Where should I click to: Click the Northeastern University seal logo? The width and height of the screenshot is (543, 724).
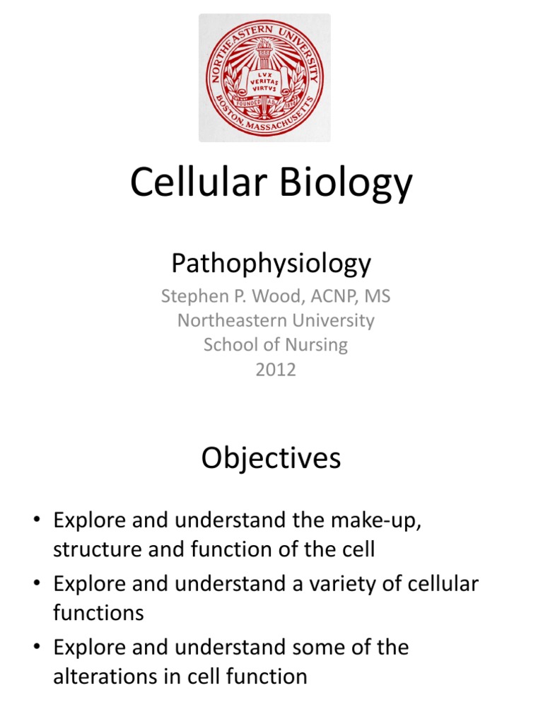[264, 78]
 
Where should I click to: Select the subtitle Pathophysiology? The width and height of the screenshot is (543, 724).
[271, 264]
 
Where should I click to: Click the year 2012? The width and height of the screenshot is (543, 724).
[276, 369]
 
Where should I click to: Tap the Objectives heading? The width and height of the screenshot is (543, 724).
[271, 459]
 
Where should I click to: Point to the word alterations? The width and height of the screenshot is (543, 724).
[106, 677]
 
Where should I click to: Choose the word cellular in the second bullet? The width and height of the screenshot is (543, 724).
[436, 584]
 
